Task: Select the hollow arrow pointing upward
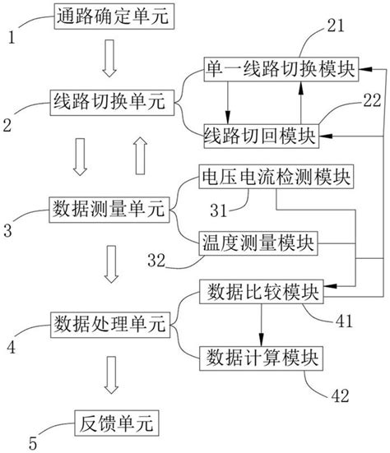coord(140,156)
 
